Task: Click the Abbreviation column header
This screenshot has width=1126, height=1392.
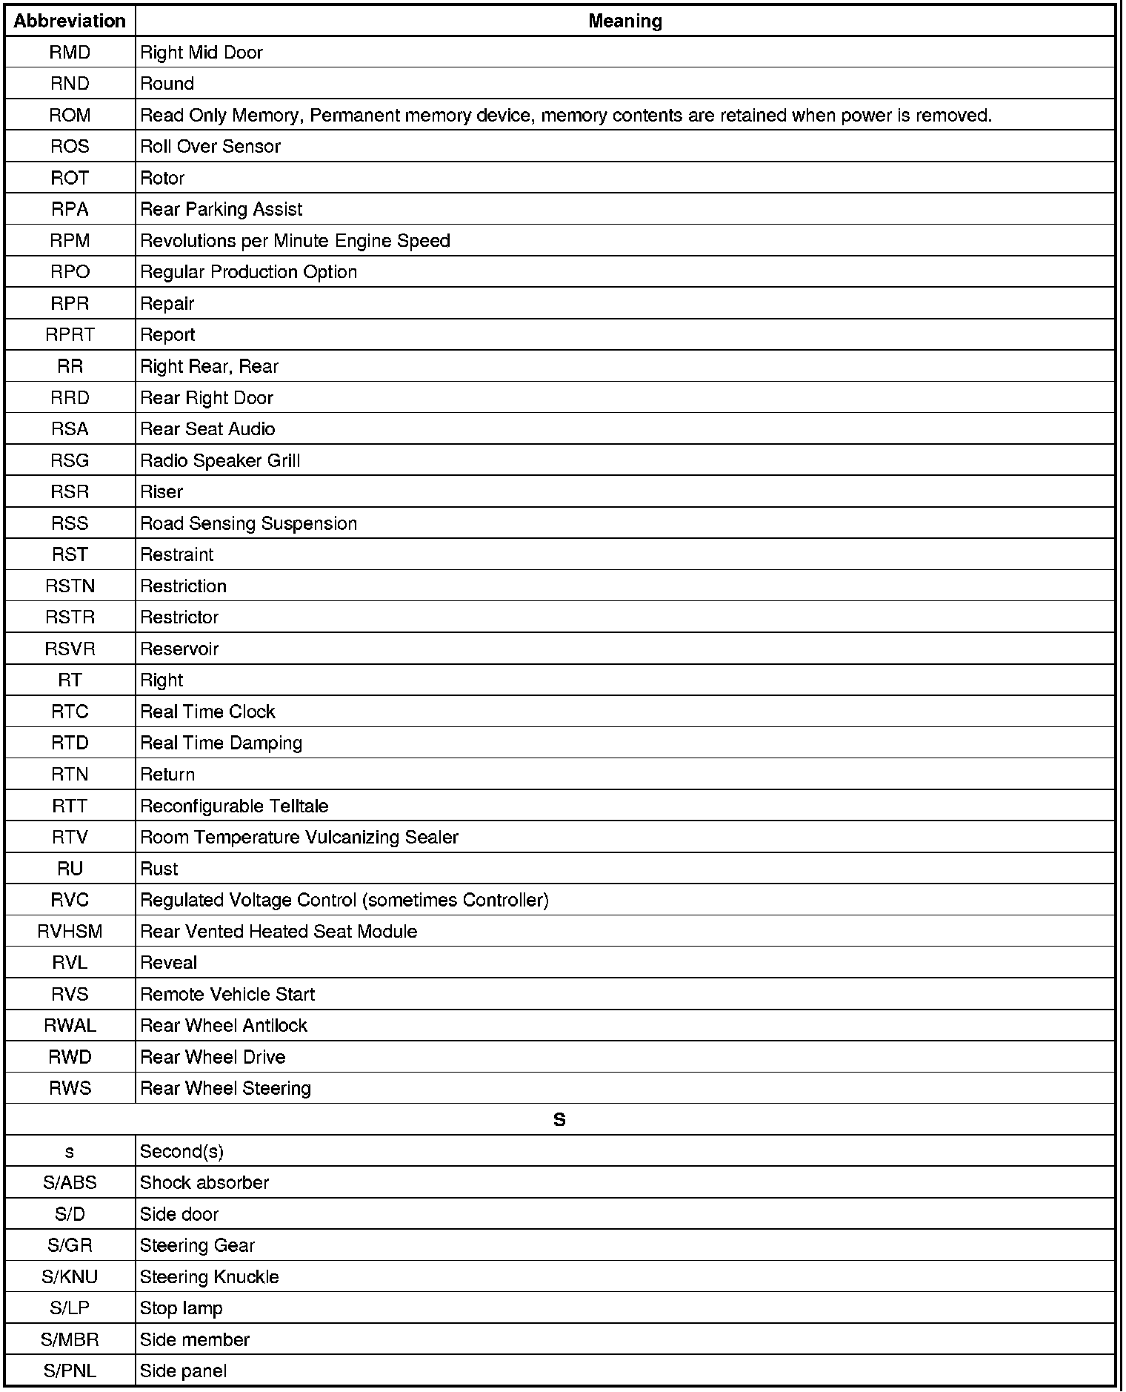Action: [70, 21]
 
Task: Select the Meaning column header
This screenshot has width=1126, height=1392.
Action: [624, 21]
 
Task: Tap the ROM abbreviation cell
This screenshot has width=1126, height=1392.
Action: [70, 115]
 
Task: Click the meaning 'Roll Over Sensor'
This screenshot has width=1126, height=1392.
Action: [210, 146]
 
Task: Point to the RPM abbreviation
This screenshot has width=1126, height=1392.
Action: [70, 240]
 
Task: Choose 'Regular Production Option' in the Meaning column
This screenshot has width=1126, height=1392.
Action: [248, 272]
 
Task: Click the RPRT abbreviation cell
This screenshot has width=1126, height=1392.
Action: [70, 334]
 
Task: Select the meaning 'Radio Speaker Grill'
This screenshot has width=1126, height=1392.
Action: [220, 460]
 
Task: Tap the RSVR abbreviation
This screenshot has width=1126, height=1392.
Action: [70, 649]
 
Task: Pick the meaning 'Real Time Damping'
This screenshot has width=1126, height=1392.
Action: [221, 743]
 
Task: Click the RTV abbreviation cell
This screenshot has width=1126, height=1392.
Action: [70, 837]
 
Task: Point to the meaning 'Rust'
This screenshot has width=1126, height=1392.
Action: [159, 869]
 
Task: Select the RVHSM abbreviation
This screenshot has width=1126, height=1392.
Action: [70, 931]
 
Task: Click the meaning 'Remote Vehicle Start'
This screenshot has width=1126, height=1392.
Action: [227, 994]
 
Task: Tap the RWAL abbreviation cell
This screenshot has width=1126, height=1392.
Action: [70, 1025]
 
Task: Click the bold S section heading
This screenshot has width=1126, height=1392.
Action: [559, 1119]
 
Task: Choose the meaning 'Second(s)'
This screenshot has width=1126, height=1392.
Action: [181, 1151]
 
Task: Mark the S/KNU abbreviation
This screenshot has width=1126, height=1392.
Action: [70, 1276]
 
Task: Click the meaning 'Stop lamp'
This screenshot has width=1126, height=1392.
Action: [181, 1308]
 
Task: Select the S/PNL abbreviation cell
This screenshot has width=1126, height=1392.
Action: [70, 1371]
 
